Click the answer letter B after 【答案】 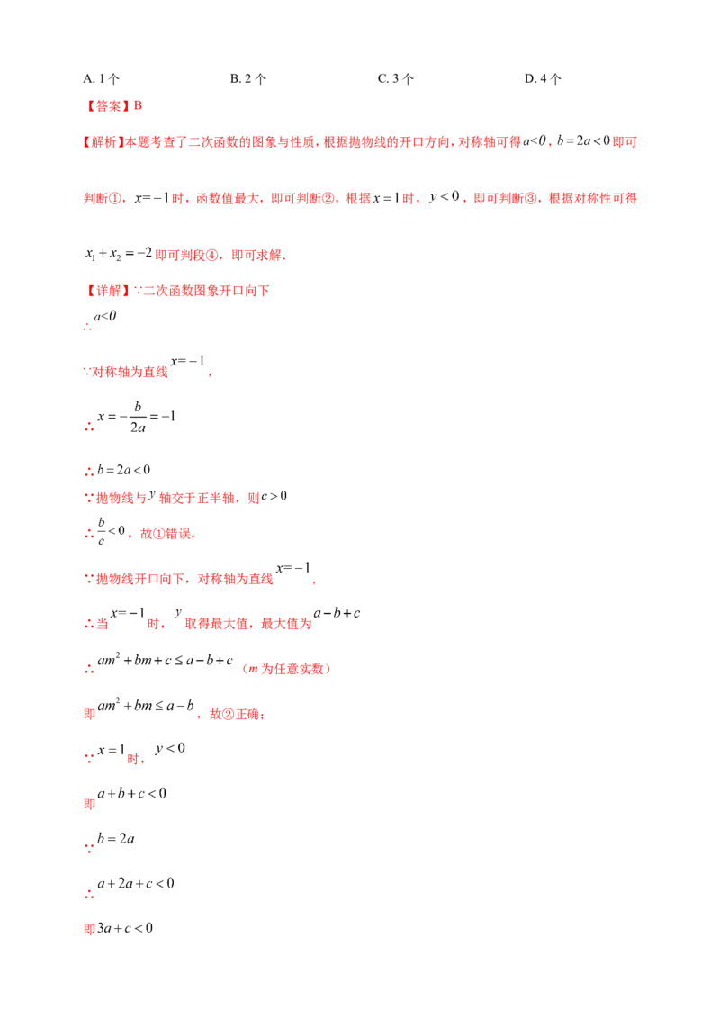tap(137, 106)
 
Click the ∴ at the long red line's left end tap(86, 470)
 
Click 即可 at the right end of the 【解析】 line tap(626, 142)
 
